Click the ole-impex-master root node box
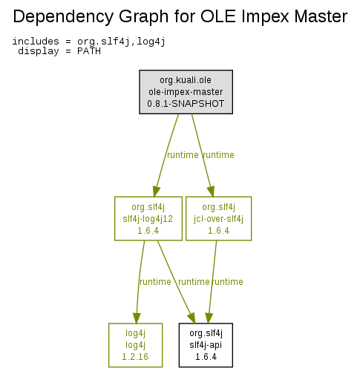186,92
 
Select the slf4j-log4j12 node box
148,218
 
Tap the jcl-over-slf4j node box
218,218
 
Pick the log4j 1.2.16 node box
135,345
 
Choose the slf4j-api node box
206,345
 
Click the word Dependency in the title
63,17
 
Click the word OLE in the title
218,16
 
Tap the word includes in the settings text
36,42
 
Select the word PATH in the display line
89,51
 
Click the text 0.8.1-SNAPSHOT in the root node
186,104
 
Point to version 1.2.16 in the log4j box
135,357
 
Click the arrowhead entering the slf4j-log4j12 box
156,191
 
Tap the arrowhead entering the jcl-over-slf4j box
211,191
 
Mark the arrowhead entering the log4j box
137,318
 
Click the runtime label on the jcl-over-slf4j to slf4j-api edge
228,282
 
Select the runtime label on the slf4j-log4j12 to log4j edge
155,282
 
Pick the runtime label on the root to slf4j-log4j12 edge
183,155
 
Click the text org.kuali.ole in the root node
186,80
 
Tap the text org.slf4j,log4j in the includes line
121,42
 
